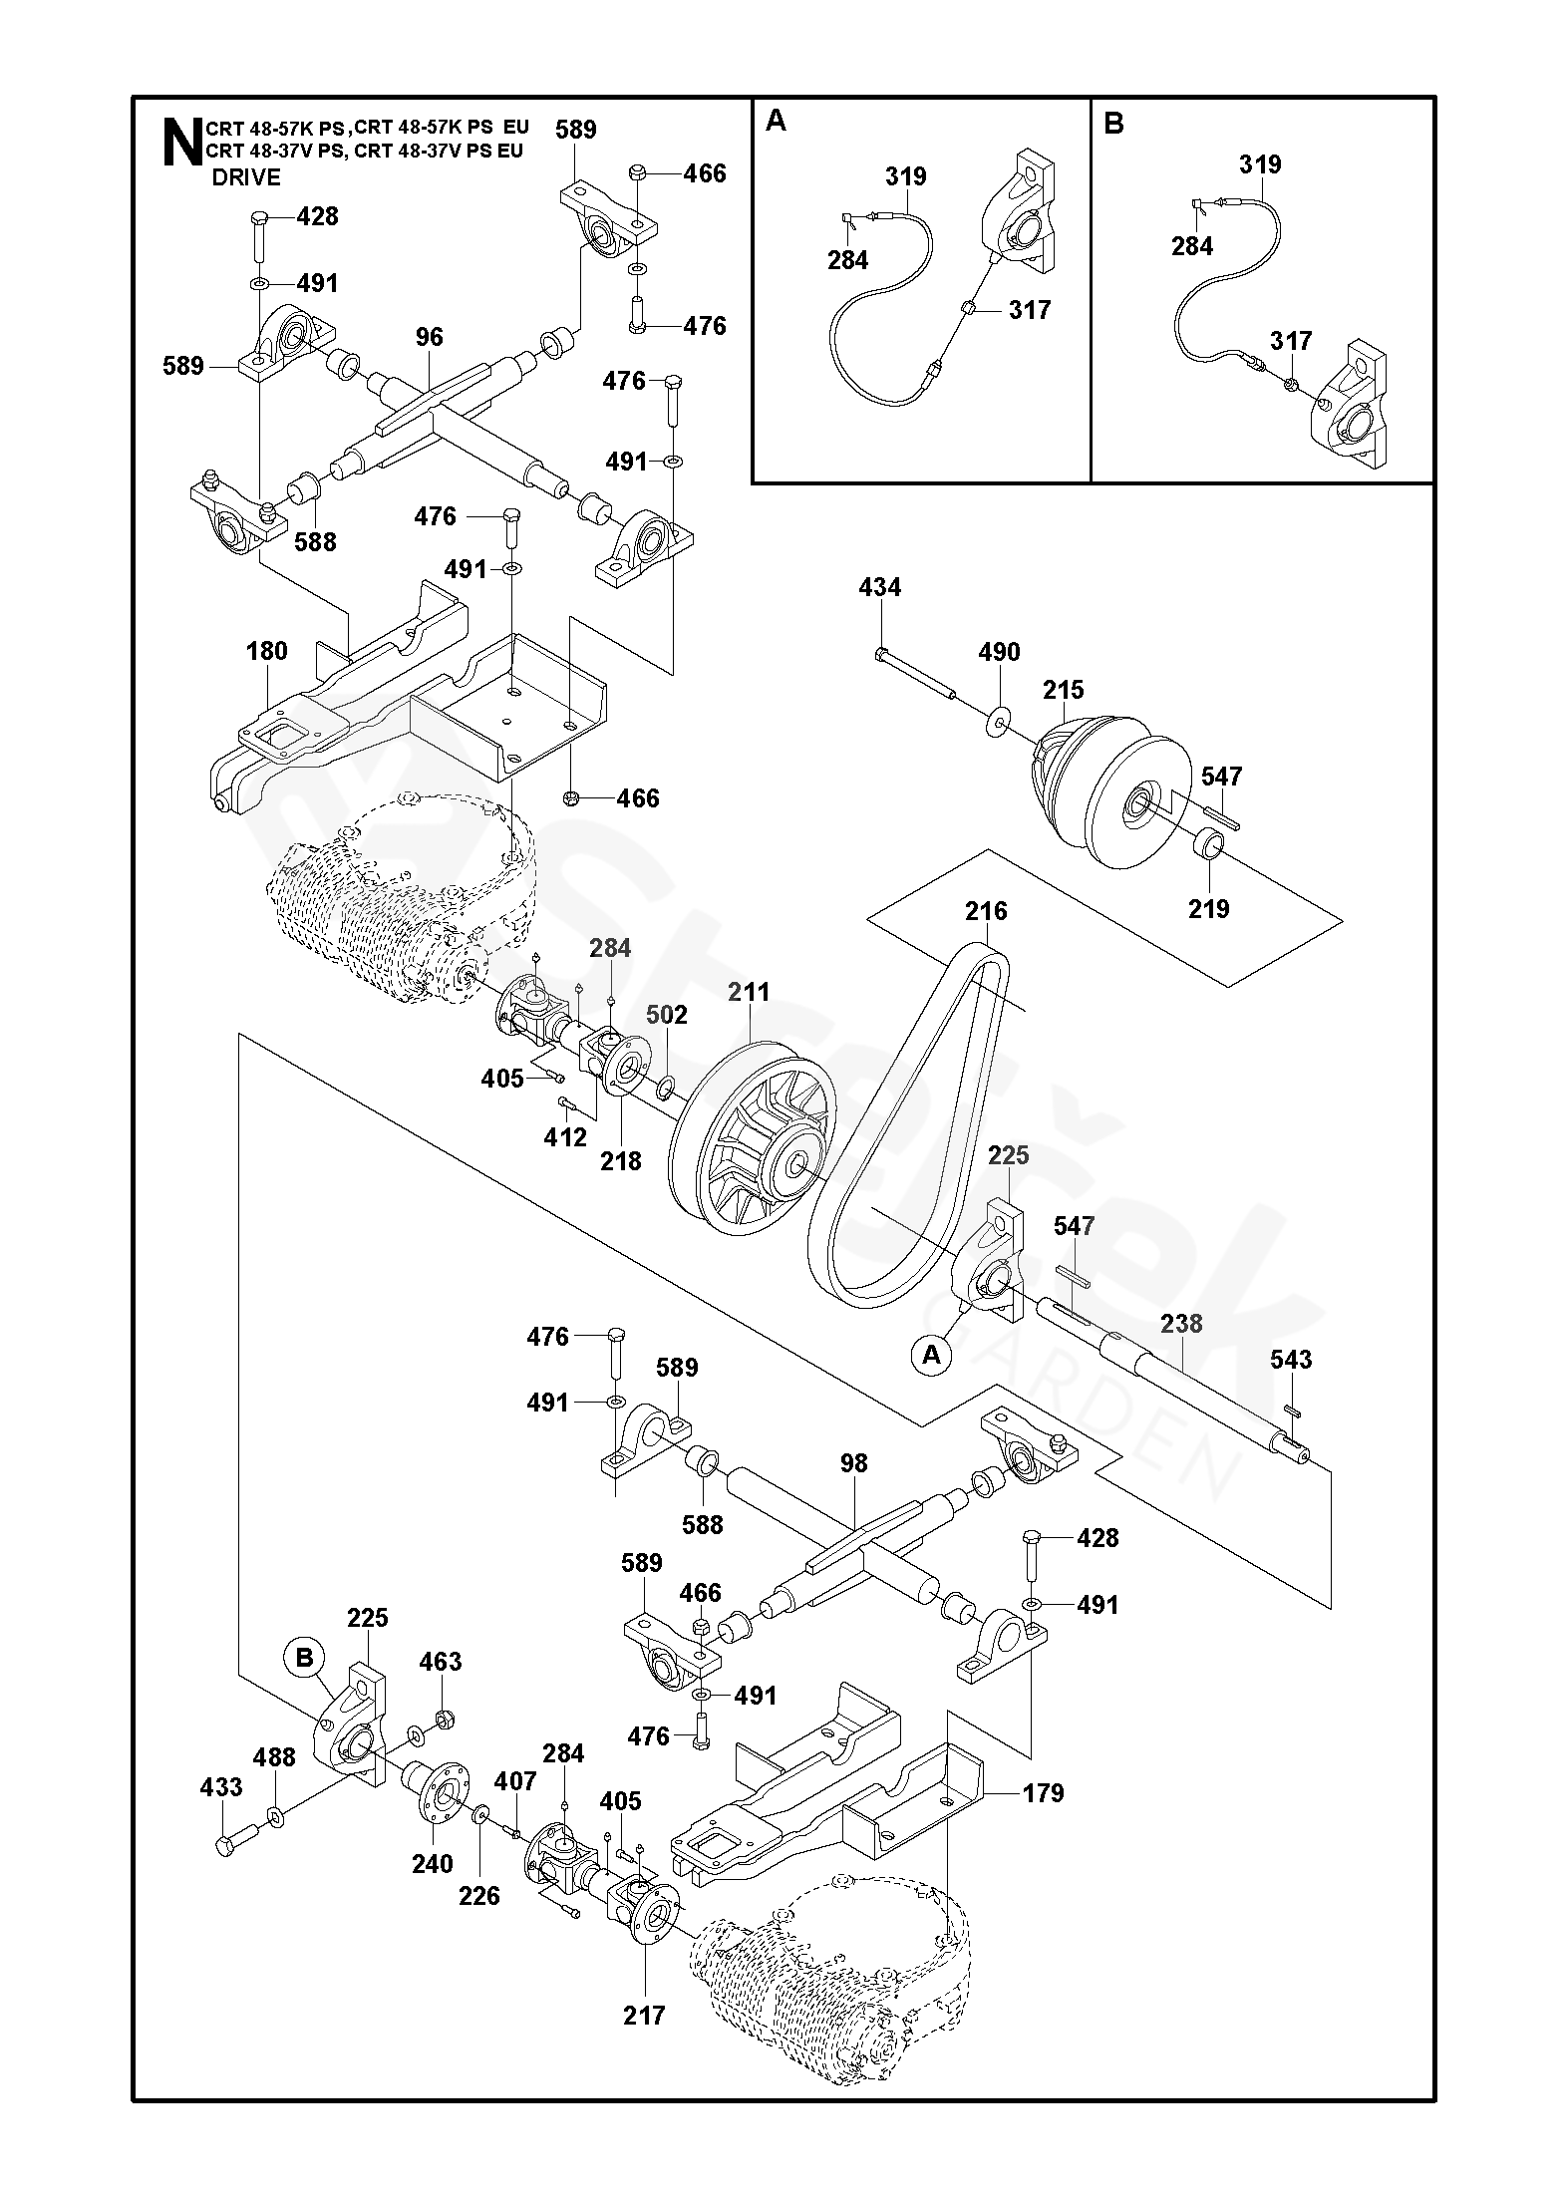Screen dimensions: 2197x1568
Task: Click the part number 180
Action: (266, 651)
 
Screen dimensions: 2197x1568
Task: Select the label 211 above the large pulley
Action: (749, 992)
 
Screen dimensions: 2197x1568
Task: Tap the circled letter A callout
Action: (932, 1355)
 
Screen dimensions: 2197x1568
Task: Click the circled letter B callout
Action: (305, 1658)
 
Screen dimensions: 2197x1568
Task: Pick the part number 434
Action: (879, 588)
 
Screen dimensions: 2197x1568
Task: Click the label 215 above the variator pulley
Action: (1064, 690)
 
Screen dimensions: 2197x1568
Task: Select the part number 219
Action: (1209, 908)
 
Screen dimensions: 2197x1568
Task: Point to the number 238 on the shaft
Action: (1181, 1324)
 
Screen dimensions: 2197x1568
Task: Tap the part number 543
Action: (1291, 1360)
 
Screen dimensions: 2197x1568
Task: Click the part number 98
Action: (854, 1463)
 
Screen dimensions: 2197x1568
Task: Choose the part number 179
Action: (1043, 1793)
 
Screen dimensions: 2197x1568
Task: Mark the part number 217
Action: (644, 2016)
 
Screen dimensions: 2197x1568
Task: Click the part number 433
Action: (221, 1787)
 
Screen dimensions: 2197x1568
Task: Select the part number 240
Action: (433, 1864)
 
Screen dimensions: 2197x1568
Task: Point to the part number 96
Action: (430, 337)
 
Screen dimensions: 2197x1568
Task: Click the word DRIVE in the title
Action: (246, 177)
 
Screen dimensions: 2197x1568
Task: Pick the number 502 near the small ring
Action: (667, 1015)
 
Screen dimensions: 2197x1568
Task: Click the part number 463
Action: (441, 1662)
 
